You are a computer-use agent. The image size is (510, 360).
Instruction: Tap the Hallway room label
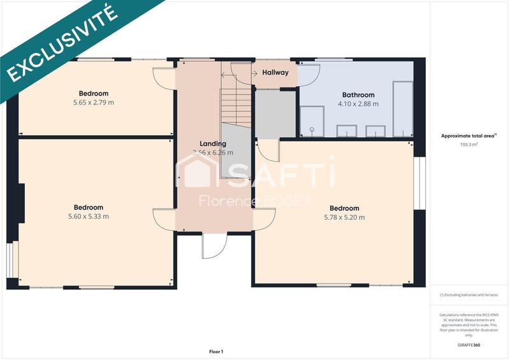point(275,73)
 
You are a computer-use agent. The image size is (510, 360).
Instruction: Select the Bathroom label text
point(358,95)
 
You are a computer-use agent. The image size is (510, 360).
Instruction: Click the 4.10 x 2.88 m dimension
point(358,104)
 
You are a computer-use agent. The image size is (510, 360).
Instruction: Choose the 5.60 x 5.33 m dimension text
point(88,217)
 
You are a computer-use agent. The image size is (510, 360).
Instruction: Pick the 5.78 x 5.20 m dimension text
point(344,217)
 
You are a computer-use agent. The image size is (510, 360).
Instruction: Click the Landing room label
point(212,143)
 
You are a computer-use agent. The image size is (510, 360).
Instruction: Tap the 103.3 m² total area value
point(469,145)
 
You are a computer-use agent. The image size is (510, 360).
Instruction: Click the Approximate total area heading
point(469,136)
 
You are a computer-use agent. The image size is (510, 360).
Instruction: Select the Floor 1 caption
point(216,351)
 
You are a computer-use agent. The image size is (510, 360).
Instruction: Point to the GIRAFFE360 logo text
point(469,345)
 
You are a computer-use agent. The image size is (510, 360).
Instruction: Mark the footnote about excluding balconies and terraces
point(469,295)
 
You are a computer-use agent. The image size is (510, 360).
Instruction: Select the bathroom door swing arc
point(309,75)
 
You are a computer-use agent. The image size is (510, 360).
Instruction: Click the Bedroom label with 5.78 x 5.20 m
point(344,208)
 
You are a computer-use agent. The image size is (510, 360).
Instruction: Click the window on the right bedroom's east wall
point(419,182)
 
